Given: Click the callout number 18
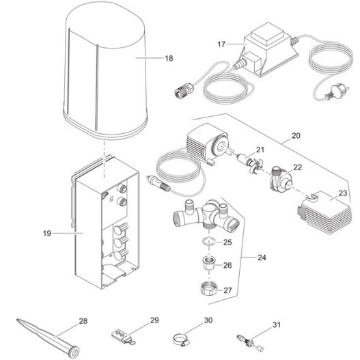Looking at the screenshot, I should (x=169, y=59).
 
